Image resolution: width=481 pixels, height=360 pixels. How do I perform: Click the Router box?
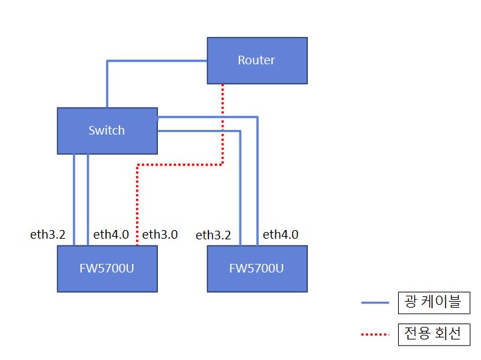click(257, 60)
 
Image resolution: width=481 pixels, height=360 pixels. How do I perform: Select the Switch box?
click(107, 131)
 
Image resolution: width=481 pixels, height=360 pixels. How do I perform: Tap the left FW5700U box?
click(107, 269)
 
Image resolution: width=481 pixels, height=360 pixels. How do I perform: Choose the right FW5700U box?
click(257, 269)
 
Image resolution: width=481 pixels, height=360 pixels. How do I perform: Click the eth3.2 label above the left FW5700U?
click(48, 234)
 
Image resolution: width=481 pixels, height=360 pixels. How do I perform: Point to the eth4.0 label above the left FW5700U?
click(111, 234)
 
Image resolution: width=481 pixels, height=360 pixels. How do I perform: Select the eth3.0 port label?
click(160, 234)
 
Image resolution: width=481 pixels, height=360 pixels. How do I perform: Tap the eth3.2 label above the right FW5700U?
click(214, 235)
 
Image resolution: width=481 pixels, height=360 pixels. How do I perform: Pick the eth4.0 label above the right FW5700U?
click(281, 234)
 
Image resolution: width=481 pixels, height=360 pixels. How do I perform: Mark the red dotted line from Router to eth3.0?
click(179, 164)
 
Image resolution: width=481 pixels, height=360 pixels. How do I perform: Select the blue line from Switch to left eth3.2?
click(74, 199)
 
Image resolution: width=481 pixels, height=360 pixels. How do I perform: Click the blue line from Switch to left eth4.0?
click(88, 199)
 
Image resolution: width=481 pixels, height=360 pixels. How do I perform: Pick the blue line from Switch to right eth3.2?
click(240, 192)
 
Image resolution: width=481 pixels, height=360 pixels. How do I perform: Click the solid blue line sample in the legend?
click(375, 303)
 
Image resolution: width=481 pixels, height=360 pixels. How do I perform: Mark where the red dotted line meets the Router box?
click(223, 84)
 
